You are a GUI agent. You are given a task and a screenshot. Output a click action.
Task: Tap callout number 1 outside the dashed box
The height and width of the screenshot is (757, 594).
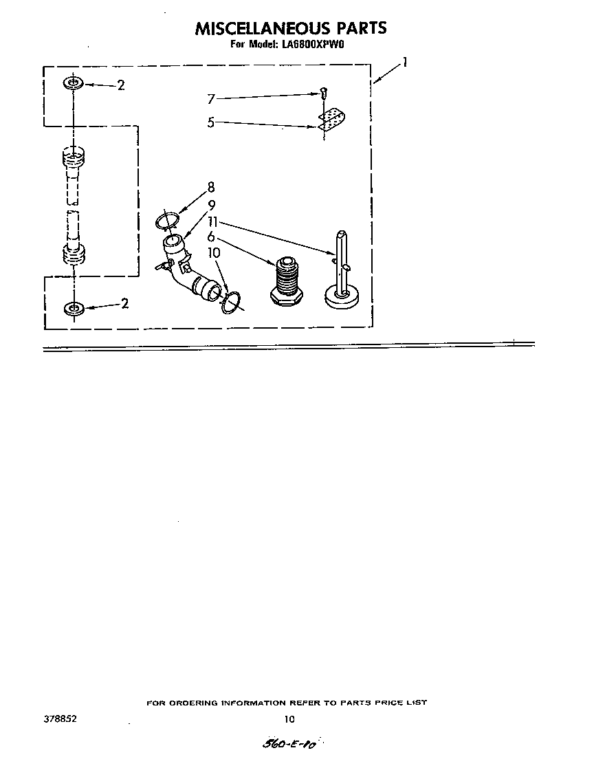(x=405, y=63)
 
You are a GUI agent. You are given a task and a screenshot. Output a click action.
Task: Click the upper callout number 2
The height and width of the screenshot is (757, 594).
(x=121, y=85)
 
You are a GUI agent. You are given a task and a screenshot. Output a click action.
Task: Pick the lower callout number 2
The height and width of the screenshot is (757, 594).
(x=124, y=303)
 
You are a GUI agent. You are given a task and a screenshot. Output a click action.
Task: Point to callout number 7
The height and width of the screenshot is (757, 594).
(x=211, y=99)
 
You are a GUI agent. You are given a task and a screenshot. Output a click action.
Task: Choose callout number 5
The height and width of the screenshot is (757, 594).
(x=211, y=122)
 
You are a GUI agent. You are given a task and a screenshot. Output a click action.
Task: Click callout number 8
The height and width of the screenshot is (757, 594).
(x=211, y=187)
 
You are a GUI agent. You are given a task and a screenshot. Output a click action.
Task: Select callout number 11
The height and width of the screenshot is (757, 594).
(x=213, y=221)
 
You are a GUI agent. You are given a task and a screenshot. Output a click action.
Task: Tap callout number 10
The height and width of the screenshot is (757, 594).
(x=213, y=252)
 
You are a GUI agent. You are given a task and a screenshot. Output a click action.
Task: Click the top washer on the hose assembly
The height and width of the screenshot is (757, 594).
(x=73, y=83)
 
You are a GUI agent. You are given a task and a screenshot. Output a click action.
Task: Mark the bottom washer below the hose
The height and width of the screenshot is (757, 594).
(x=74, y=308)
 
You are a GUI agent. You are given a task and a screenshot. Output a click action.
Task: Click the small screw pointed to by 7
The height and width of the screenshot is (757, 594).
(x=323, y=91)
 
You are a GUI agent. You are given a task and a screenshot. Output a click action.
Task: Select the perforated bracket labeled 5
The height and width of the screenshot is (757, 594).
(x=331, y=120)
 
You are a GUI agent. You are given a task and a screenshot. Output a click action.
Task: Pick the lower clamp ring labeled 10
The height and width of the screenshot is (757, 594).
(x=231, y=302)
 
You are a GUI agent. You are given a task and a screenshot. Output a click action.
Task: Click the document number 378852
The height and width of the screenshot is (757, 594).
(x=60, y=719)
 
